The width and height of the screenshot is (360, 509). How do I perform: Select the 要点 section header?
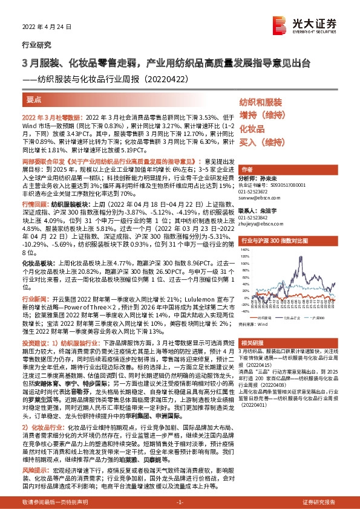tap(35, 99)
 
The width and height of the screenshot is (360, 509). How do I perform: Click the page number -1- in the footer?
tap(179, 502)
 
